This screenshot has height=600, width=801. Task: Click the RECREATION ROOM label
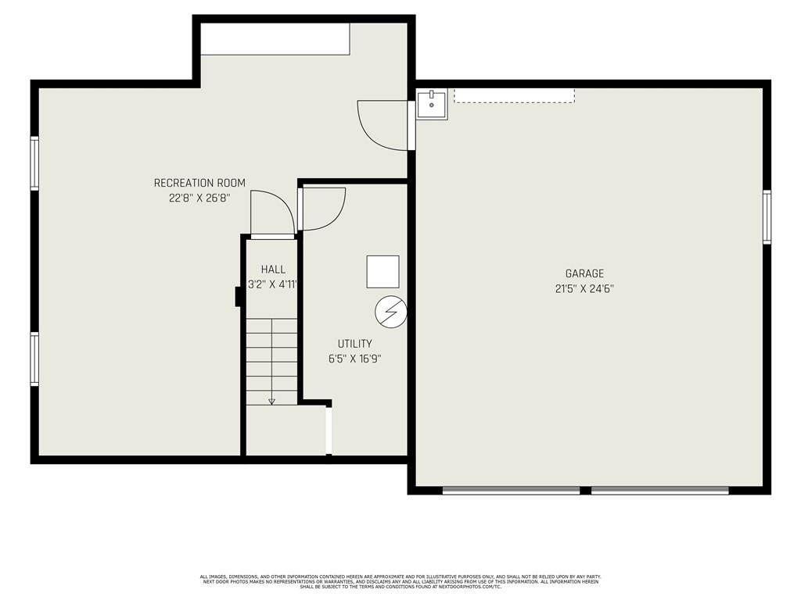point(199,183)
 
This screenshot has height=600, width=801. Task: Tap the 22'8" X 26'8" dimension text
point(199,198)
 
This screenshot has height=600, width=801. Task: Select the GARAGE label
point(584,273)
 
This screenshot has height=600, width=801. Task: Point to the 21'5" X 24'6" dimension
point(584,289)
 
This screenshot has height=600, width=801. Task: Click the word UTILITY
point(354,344)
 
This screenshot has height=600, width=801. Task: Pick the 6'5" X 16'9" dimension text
point(354,359)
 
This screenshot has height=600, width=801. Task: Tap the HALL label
point(273,270)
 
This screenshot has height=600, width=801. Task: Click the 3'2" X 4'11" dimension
point(272,284)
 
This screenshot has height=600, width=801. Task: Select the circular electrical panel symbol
point(391,312)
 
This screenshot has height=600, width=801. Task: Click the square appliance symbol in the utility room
point(383,272)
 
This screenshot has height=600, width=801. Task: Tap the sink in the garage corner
point(432,105)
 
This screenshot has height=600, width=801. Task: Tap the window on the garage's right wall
point(767,216)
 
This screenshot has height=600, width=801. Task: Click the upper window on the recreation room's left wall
point(34,163)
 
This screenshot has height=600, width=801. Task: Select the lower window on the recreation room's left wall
point(34,359)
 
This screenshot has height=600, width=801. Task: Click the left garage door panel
point(511,491)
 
